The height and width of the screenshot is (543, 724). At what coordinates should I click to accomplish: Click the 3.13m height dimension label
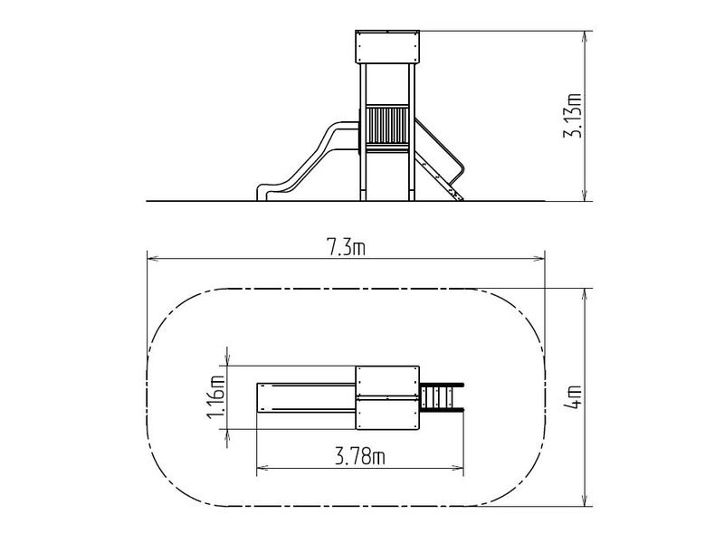pyautogui.click(x=573, y=116)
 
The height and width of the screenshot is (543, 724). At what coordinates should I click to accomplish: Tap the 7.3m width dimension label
pyautogui.click(x=346, y=247)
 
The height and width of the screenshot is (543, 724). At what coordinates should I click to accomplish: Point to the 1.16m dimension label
pyautogui.click(x=216, y=397)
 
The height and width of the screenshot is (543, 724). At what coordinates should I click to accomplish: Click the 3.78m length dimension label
pyautogui.click(x=359, y=457)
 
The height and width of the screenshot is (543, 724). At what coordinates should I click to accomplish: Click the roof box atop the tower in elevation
pyautogui.click(x=387, y=47)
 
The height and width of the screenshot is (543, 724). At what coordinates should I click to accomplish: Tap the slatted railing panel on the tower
pyautogui.click(x=387, y=125)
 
